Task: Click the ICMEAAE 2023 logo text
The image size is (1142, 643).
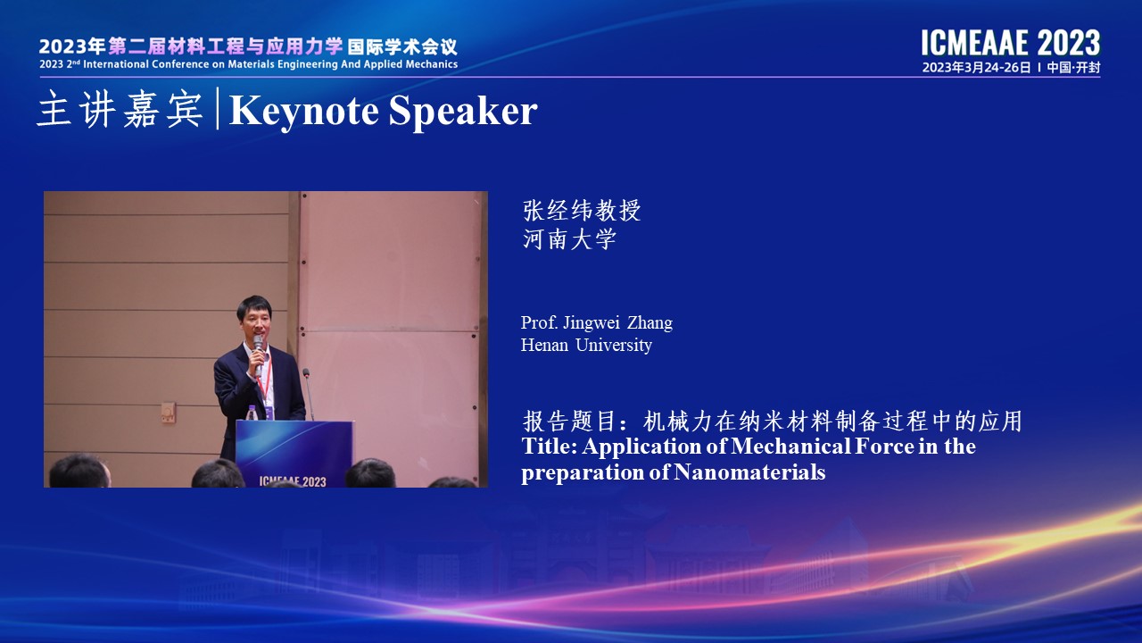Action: click(x=1011, y=43)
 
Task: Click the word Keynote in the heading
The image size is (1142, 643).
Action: click(x=304, y=111)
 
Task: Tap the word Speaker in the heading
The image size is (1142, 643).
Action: click(x=463, y=111)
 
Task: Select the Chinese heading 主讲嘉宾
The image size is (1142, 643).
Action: click(x=120, y=109)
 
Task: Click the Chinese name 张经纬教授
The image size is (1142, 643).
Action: click(x=581, y=210)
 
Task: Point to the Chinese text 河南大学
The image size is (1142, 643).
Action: click(x=569, y=238)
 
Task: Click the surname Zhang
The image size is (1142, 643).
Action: click(x=650, y=323)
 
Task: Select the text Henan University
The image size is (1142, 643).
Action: click(x=586, y=346)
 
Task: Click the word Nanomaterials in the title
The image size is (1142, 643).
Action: click(x=749, y=472)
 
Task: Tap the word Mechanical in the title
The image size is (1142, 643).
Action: click(x=790, y=447)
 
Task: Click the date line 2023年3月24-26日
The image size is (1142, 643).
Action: click(x=976, y=67)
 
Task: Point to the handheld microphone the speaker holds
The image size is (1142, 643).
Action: click(x=258, y=355)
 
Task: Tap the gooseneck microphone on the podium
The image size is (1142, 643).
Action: click(x=308, y=394)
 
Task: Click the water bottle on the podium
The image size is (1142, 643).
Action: click(x=252, y=413)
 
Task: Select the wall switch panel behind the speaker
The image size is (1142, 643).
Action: click(x=168, y=413)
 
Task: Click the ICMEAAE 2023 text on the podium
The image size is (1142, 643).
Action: click(x=292, y=481)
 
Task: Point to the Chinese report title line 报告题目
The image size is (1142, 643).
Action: click(x=772, y=422)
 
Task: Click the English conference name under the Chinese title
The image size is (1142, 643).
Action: click(x=248, y=64)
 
